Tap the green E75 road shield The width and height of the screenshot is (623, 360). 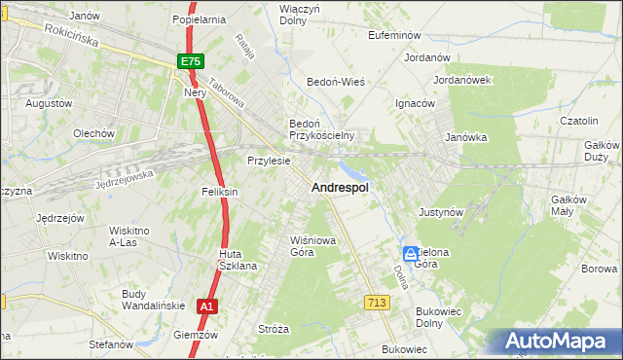point(191,62)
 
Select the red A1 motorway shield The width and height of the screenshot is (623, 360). point(205,306)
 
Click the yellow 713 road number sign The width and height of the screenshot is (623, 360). point(378,304)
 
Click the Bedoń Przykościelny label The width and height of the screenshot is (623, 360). point(320,129)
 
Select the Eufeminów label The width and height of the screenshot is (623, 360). point(393,34)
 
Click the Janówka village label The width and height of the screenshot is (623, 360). point(465,138)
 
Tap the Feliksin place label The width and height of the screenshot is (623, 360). point(220,193)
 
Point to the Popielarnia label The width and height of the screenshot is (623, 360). point(199,18)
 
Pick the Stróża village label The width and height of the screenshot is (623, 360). point(274,329)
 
